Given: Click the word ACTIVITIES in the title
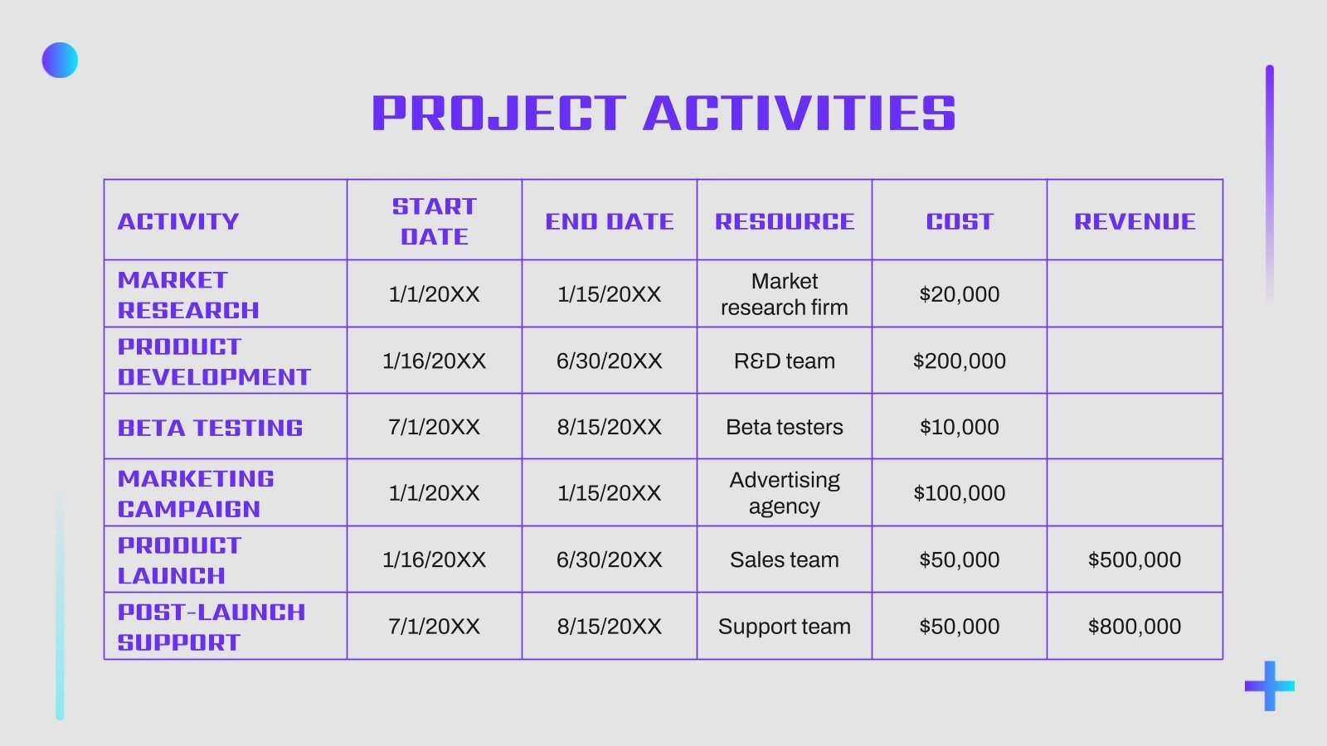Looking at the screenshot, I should tap(800, 114).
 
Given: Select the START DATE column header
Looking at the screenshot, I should tap(435, 221).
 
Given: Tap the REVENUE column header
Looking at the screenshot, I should tap(1135, 221).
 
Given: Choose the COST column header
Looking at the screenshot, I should tap(960, 221).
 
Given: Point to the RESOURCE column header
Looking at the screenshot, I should tap(785, 221).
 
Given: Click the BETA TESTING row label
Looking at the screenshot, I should tap(211, 428).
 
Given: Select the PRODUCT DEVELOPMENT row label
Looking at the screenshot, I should tap(214, 361).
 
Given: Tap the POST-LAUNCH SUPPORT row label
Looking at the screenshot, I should tap(211, 627).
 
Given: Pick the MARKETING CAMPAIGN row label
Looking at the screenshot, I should tap(196, 493).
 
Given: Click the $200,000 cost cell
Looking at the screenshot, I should tap(960, 361).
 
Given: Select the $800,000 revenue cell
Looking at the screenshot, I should tap(1135, 627).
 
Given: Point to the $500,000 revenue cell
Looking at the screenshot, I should tap(1135, 559).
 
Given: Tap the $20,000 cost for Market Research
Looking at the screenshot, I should tap(960, 294).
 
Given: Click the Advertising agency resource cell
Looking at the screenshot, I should tap(785, 493).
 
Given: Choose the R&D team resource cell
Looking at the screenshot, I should tap(785, 361).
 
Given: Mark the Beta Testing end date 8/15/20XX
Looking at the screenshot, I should tap(610, 427).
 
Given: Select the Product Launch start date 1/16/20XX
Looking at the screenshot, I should tap(435, 559).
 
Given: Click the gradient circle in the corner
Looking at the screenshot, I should tap(60, 61).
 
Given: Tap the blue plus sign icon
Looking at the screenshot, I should tap(1269, 685).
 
